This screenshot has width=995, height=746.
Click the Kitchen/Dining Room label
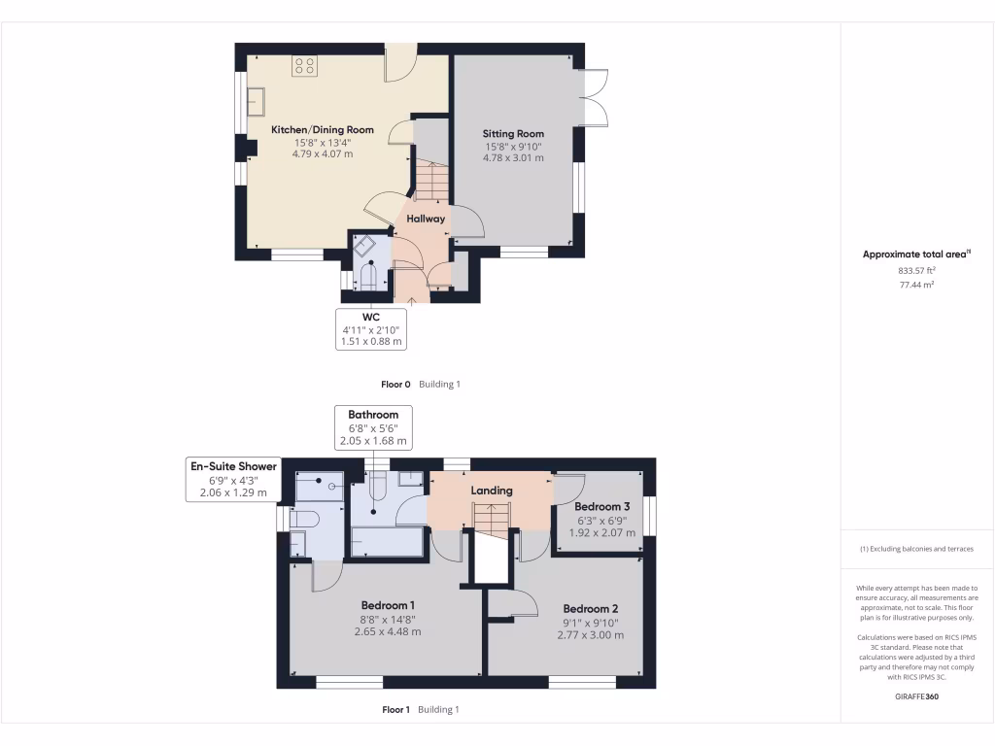pos(322,129)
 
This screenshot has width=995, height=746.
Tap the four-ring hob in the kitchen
pos(304,66)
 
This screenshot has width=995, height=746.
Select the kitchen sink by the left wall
pos(257,100)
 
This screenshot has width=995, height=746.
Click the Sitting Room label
pos(513,134)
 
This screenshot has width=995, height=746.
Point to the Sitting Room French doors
pos(595,98)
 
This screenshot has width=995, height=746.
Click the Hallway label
pos(426,219)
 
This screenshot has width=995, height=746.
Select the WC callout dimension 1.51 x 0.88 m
pos(371,341)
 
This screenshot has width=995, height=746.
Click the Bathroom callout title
pos(373,415)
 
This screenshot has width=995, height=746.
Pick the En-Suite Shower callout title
pos(233,466)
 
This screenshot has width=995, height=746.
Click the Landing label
pos(492,491)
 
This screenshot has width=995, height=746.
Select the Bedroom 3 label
pos(601,507)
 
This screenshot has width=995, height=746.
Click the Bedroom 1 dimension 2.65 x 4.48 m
pos(387,631)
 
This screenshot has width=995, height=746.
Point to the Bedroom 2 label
pos(590,610)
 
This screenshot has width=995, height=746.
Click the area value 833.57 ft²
pos(916,271)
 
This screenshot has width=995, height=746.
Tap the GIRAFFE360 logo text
pos(916,696)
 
